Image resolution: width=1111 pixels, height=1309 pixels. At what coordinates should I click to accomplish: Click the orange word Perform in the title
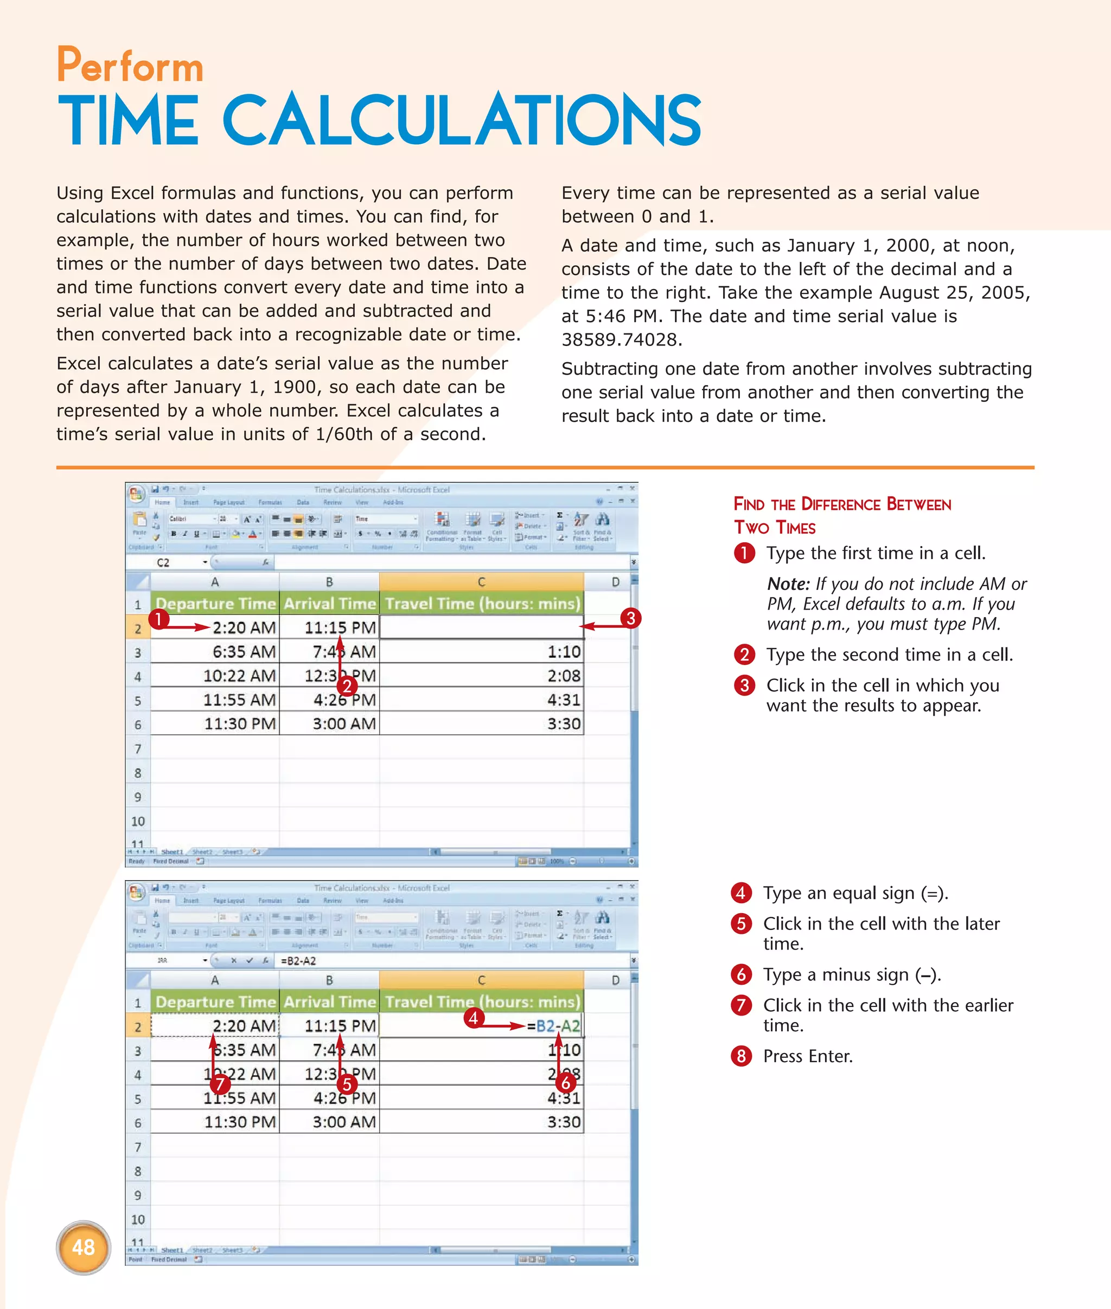tap(130, 66)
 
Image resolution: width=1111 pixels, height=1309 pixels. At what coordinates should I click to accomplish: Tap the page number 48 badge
tap(83, 1247)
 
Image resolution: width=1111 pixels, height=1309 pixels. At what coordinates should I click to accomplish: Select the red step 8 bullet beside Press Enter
tap(741, 1056)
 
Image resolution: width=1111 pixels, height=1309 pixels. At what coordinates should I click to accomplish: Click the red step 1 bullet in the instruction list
tap(744, 554)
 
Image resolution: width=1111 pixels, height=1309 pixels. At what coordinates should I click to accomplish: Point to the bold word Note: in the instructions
tap(788, 585)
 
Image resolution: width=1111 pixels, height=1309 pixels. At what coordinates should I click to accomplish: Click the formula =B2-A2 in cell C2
tap(553, 1026)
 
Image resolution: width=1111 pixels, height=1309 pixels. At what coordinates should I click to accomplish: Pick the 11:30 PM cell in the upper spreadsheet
tap(239, 723)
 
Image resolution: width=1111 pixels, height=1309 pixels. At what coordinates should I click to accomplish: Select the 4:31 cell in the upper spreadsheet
tap(563, 700)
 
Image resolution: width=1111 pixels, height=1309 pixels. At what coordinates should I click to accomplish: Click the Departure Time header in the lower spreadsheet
tap(215, 1002)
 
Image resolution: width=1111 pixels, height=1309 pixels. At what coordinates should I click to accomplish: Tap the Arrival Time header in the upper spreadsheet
tap(329, 604)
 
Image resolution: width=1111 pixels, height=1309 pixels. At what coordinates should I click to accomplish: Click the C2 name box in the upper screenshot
tap(164, 562)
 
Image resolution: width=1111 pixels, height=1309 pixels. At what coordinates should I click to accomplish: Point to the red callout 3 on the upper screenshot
tap(630, 618)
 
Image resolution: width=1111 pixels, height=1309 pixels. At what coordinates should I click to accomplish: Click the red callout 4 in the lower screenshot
tap(473, 1017)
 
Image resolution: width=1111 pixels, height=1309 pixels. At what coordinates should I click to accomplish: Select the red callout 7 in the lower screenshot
tap(220, 1084)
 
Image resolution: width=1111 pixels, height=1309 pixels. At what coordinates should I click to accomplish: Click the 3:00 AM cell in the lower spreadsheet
tap(344, 1122)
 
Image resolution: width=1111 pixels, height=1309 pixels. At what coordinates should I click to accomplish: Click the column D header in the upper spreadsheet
tap(615, 582)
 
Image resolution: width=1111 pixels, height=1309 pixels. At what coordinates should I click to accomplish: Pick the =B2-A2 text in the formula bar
tap(298, 961)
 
